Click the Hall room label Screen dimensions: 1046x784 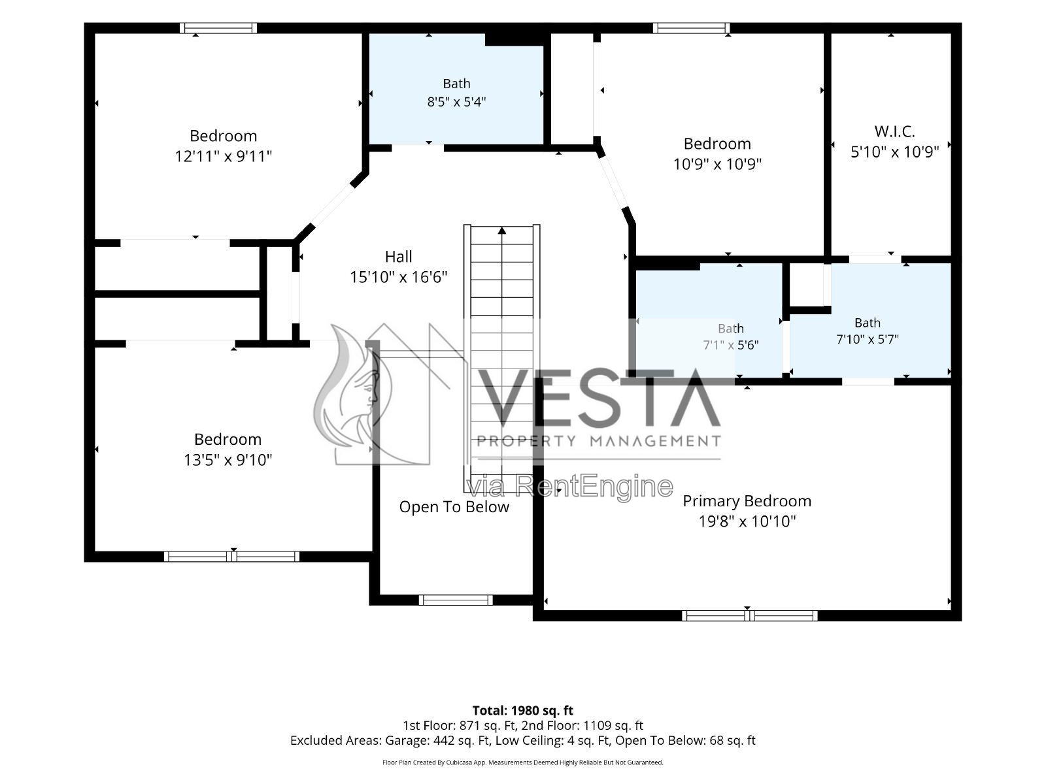[x=398, y=257]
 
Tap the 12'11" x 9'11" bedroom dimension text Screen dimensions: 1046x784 [x=223, y=156]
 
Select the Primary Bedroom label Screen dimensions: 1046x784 [x=747, y=500]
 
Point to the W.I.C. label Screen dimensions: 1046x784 [x=894, y=131]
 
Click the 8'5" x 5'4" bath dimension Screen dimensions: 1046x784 [x=456, y=102]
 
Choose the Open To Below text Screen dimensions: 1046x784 [x=454, y=507]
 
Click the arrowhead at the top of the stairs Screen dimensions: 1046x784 [x=502, y=231]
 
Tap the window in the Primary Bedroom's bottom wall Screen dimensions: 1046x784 [x=749, y=615]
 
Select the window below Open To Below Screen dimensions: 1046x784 [x=456, y=600]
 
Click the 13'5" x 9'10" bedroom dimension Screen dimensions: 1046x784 [x=228, y=460]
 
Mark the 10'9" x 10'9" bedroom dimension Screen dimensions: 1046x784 [x=717, y=164]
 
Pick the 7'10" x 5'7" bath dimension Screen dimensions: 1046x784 [x=868, y=339]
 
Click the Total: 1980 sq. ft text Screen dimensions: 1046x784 [x=523, y=710]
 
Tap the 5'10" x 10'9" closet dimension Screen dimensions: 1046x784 [x=894, y=152]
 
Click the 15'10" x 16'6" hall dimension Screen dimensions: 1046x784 [x=398, y=277]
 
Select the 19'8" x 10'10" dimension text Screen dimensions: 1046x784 [x=747, y=521]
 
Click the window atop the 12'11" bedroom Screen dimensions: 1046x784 [x=218, y=28]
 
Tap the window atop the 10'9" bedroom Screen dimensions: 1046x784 [x=691, y=28]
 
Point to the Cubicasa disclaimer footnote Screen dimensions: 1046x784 [x=523, y=762]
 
